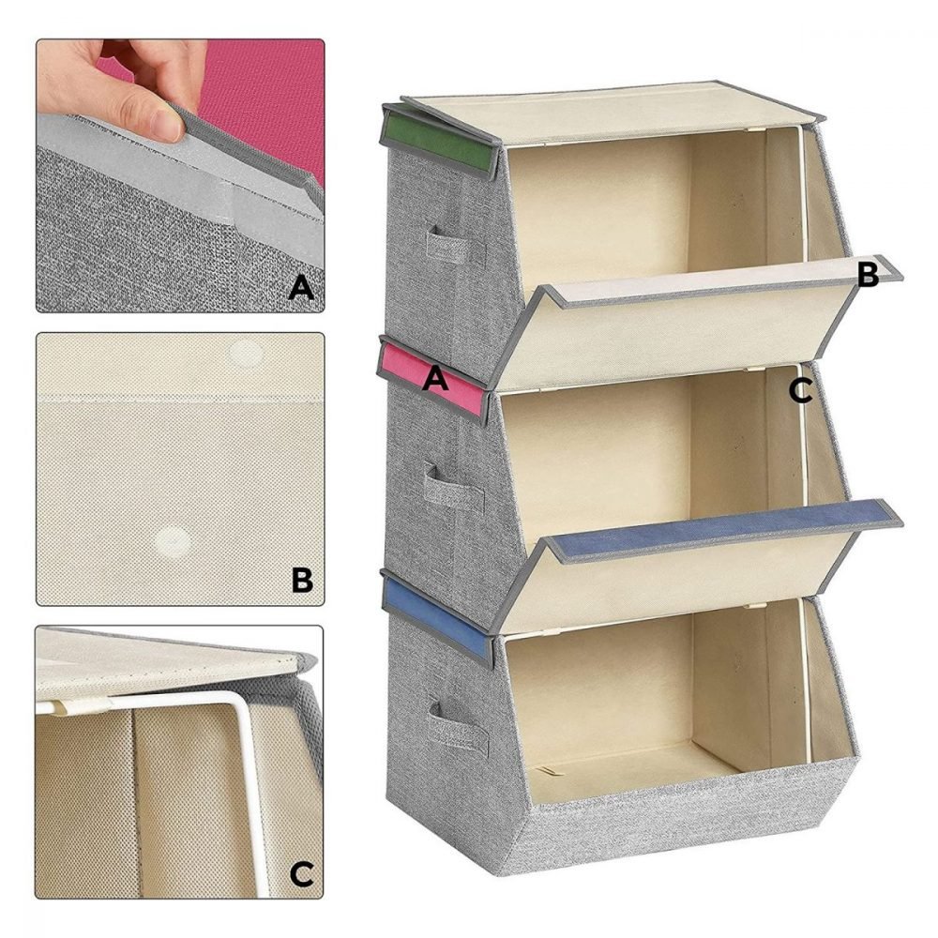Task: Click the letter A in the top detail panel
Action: pos(301,288)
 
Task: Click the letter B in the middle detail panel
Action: pos(302,579)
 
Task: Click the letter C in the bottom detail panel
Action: pos(301,874)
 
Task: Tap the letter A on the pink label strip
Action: pos(435,378)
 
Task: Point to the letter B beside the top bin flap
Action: pos(868,275)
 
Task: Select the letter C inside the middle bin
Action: pos(800,390)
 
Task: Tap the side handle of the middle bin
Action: pos(453,485)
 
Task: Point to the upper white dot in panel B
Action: pos(246,353)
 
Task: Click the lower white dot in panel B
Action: pos(174,542)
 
